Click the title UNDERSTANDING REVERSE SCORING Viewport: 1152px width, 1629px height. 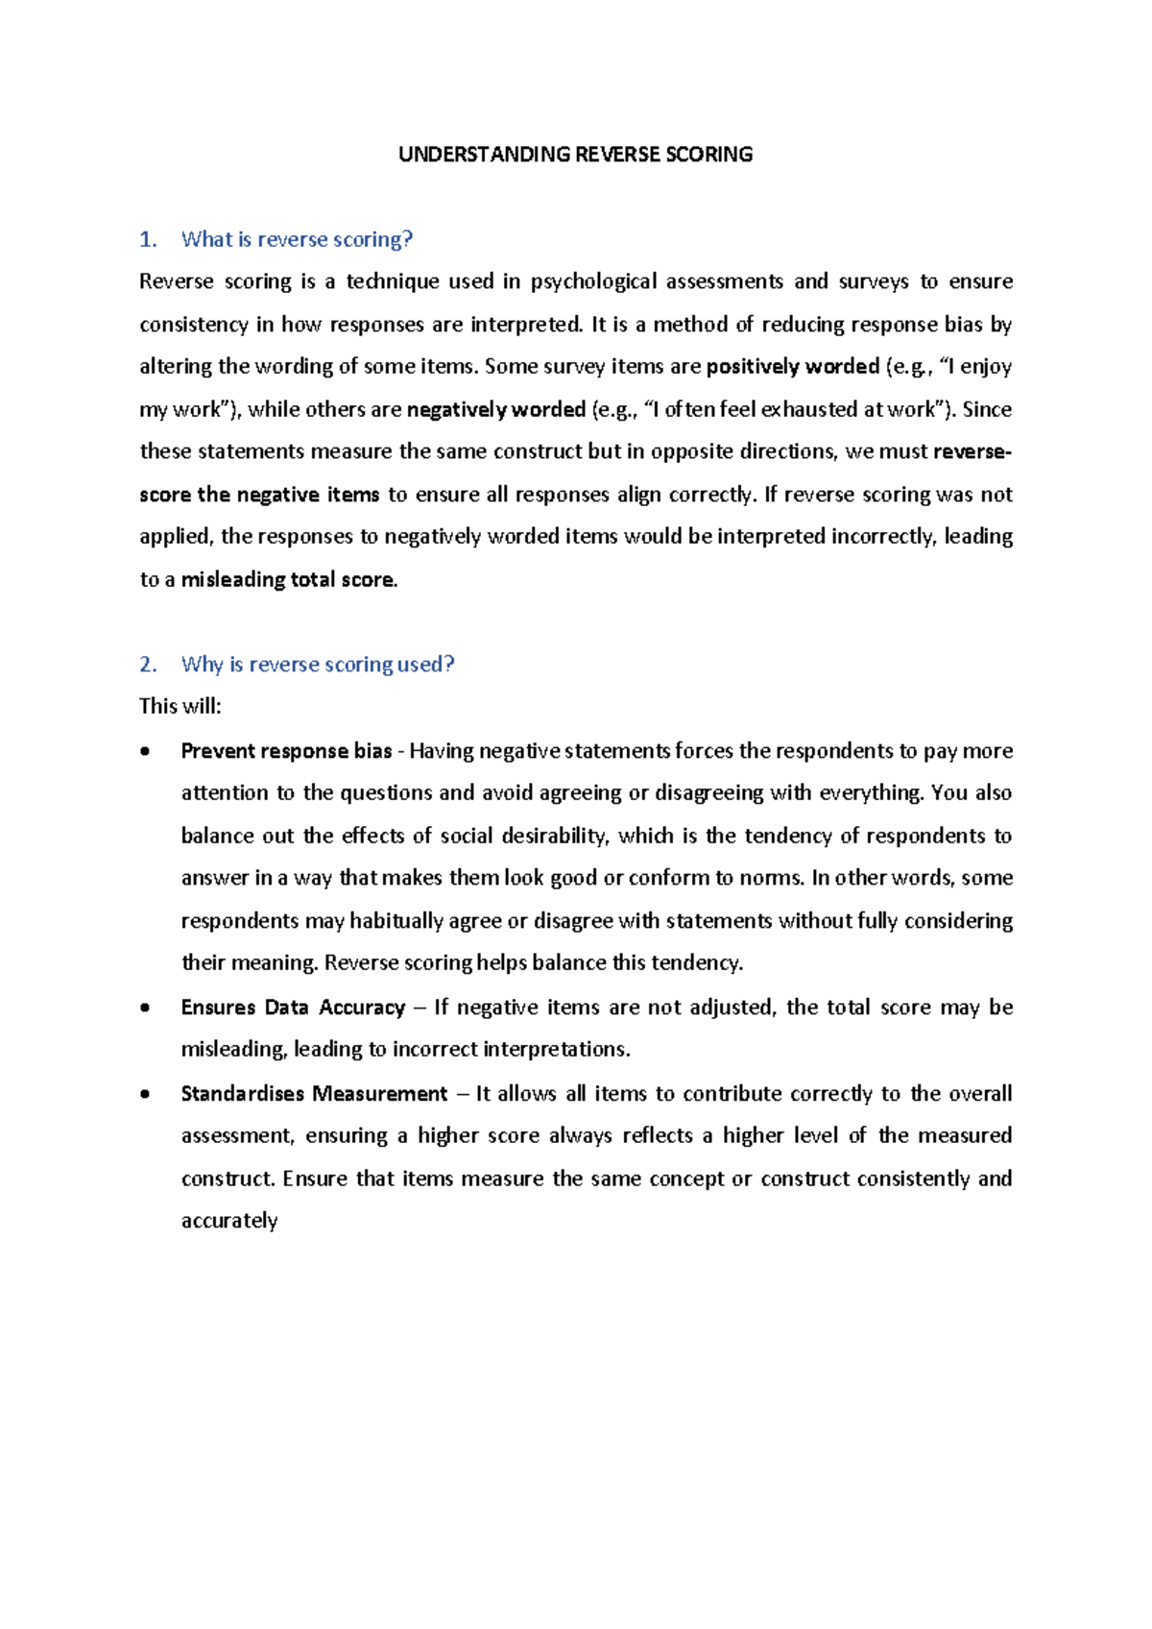[575, 155]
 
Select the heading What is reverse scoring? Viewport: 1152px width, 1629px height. [297, 239]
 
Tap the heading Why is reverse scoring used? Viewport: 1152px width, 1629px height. [317, 665]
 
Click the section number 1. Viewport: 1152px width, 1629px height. [147, 239]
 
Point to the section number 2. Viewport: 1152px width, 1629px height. [147, 665]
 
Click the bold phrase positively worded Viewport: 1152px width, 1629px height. [793, 367]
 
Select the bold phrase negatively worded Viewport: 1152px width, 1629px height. [496, 410]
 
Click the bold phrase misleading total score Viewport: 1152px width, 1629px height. [288, 580]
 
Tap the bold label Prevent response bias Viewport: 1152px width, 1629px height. [286, 751]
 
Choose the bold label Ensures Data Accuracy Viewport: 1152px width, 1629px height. [293, 1008]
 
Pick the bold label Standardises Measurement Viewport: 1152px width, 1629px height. [314, 1094]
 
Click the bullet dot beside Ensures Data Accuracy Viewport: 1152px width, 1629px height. [145, 1009]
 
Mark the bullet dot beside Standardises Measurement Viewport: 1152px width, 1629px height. [145, 1095]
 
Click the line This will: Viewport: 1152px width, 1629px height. [180, 707]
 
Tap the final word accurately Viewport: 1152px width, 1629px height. [229, 1221]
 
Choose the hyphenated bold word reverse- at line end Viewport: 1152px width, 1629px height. [972, 451]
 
